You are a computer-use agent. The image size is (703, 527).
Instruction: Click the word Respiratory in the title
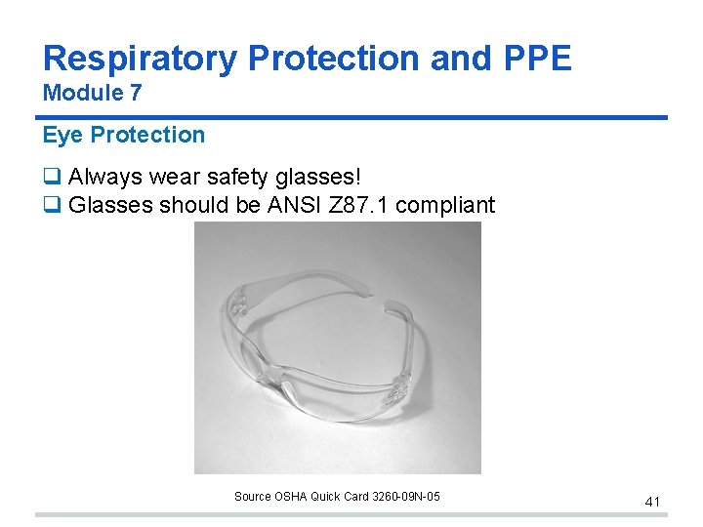141,59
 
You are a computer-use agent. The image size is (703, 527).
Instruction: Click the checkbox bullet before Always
51,178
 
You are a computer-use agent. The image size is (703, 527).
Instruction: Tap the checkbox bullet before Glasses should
51,205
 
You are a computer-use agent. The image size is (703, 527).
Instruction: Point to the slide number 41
652,502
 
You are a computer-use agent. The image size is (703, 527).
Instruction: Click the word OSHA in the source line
290,497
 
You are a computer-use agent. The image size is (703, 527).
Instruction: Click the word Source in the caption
252,497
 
